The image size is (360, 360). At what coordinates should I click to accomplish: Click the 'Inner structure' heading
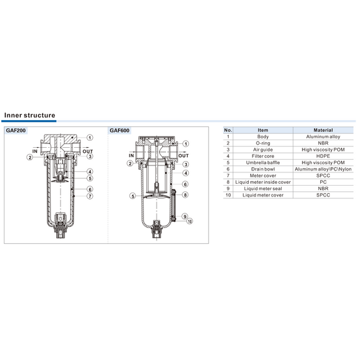30,115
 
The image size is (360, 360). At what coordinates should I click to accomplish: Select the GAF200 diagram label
16,130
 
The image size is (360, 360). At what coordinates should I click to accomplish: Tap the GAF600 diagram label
119,130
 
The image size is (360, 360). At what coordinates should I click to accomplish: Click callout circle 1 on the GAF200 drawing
90,138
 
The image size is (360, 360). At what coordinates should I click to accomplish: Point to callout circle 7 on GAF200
90,196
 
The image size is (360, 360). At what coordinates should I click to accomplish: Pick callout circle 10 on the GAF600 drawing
189,221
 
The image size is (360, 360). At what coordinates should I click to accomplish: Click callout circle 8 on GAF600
185,195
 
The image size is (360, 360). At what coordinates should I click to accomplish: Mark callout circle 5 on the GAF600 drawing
133,196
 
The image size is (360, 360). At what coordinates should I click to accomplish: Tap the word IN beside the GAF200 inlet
35,151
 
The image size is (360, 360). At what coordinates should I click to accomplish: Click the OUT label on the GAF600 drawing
183,155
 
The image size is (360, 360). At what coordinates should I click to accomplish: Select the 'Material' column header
323,130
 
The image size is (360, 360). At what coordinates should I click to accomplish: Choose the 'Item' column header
263,130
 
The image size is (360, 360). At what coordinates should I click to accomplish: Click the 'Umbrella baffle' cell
263,162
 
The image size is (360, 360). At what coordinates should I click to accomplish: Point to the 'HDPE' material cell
323,156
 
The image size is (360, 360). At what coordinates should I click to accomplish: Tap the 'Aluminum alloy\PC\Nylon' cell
323,169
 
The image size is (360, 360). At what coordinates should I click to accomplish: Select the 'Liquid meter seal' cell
263,188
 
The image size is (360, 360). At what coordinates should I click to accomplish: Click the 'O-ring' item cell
263,143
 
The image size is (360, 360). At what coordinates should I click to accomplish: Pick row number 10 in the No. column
228,195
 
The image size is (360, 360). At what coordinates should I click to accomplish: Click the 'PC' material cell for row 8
323,182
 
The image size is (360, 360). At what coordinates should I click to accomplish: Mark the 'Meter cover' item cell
263,176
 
